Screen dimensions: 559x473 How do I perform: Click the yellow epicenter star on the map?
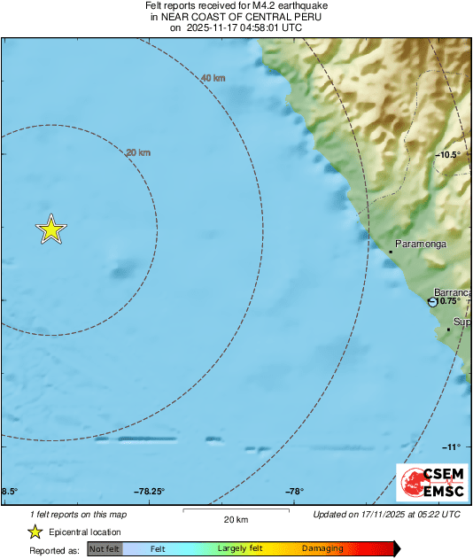pos(51,229)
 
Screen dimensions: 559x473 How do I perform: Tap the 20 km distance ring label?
pos(138,152)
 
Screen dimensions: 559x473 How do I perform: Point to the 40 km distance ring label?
pos(213,78)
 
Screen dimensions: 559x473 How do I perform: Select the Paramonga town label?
pos(421,243)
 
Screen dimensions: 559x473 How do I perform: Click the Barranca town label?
pos(453,292)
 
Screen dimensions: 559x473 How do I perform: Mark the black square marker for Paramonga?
pos(391,252)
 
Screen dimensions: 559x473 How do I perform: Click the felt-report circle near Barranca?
pos(432,302)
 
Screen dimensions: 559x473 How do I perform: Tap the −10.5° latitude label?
pos(448,155)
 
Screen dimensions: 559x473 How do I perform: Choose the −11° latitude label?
pos(452,446)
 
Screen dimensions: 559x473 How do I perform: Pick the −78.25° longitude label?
pos(150,492)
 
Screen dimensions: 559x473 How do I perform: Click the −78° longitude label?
pos(295,492)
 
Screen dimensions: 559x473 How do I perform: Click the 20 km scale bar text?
pos(236,519)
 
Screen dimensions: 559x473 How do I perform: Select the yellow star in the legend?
pos(35,532)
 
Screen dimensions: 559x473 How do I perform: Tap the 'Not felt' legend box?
pos(104,548)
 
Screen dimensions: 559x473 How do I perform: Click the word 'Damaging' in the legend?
pos(322,548)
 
